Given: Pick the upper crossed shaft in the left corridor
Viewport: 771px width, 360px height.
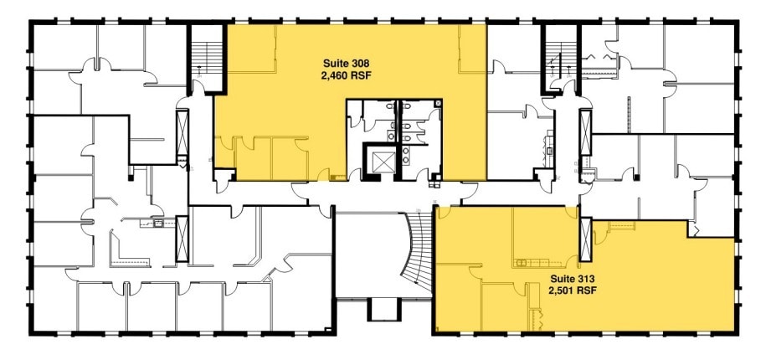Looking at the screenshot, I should pyautogui.click(x=182, y=131).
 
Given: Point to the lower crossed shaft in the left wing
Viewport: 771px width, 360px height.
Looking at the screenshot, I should pyautogui.click(x=182, y=238).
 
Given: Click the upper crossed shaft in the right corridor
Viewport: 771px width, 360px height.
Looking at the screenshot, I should pyautogui.click(x=583, y=131).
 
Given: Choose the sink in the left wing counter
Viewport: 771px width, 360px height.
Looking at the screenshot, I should pyautogui.click(x=157, y=224).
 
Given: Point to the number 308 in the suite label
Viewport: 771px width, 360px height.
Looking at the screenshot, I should pyautogui.click(x=361, y=62).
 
